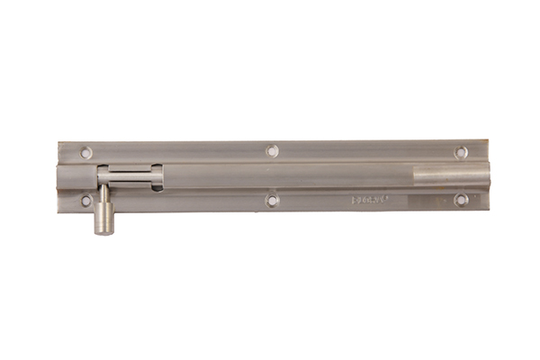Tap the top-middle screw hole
[x=272, y=150]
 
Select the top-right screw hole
[x=461, y=152]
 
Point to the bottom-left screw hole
[x=86, y=200]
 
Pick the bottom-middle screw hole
[x=273, y=200]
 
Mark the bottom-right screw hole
[x=461, y=199]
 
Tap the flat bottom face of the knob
[x=104, y=232]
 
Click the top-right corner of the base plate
[x=487, y=141]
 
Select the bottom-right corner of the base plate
[x=487, y=211]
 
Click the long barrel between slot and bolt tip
[x=288, y=175]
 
